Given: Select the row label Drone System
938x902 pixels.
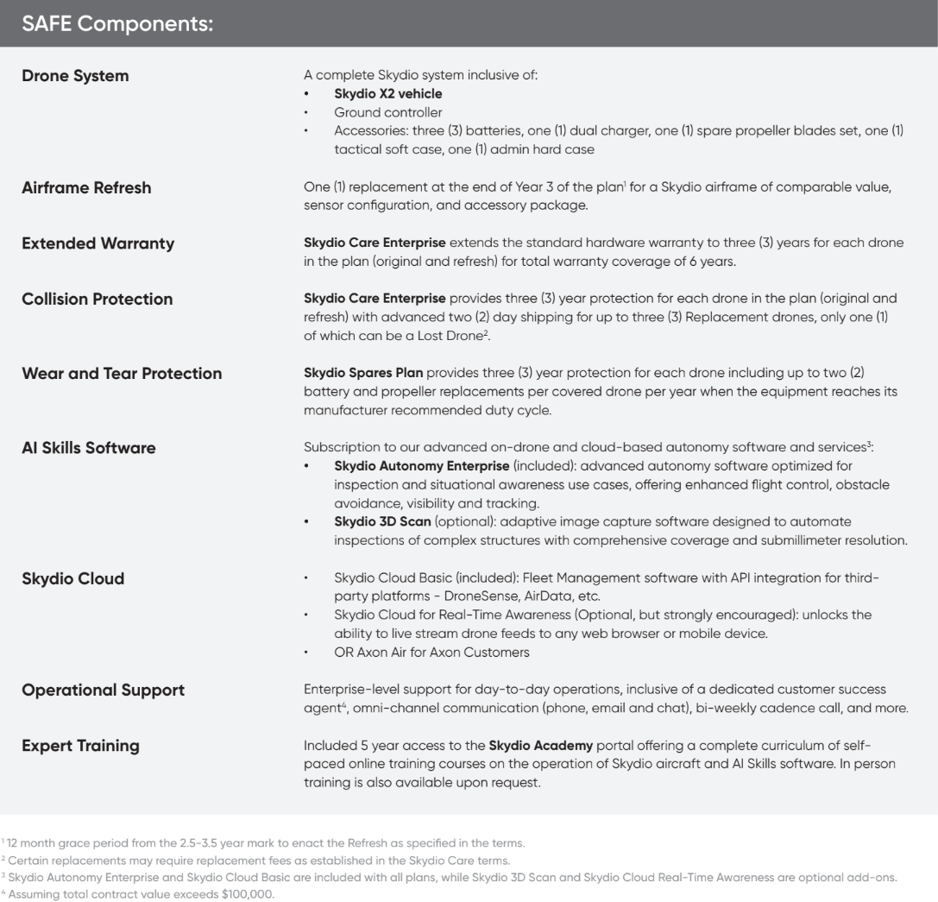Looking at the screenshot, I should (x=75, y=76).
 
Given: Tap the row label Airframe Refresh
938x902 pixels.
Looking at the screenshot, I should (x=86, y=187).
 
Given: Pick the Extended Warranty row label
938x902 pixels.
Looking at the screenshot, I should (x=98, y=243).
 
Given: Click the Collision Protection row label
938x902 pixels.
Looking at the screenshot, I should (x=97, y=299).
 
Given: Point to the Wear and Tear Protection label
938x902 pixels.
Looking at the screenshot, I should (x=122, y=374).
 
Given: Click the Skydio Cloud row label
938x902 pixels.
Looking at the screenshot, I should (x=72, y=578).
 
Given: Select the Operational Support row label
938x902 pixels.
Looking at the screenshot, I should (x=103, y=690).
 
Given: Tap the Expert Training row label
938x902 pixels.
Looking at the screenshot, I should (x=80, y=745).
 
